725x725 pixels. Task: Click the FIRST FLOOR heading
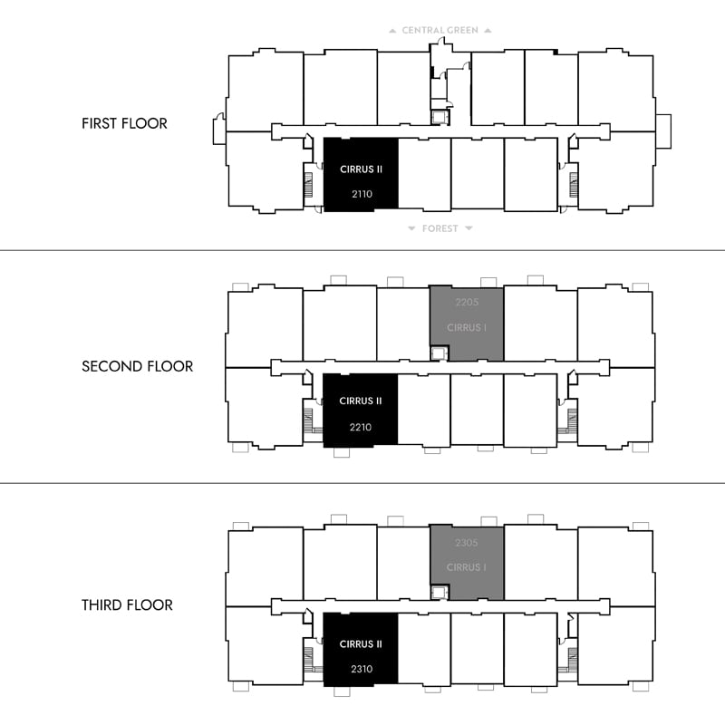(124, 123)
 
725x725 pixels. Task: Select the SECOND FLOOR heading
(138, 366)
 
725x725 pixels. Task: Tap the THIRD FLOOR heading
(127, 604)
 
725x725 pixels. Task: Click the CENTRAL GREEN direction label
(440, 31)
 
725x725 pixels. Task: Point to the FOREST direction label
(440, 228)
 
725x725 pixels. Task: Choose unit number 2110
(362, 194)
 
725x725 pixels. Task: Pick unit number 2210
(361, 427)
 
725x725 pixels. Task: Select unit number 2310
(362, 669)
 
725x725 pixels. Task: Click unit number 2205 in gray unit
(467, 303)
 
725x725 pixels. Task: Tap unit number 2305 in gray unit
(466, 543)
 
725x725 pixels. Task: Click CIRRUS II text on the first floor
(361, 169)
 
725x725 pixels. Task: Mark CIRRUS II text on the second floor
(361, 401)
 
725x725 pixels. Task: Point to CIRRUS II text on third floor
(361, 644)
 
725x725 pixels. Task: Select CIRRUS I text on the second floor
(467, 328)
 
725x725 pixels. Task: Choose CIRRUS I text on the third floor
(466, 567)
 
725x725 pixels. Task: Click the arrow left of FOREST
(411, 228)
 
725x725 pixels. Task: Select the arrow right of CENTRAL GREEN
(488, 31)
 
